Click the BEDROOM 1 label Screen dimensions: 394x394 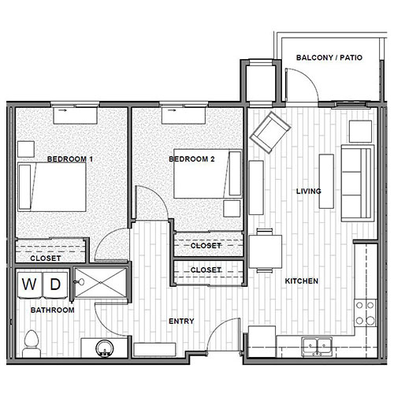point(70,159)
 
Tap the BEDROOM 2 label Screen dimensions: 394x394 point(191,159)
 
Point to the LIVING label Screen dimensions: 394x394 point(307,191)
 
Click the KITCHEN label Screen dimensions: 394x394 point(301,281)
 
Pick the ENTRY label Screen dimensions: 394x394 point(181,322)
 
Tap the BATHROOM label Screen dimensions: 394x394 point(52,310)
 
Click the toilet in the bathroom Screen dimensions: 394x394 point(32,341)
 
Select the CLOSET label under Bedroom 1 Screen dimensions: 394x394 point(46,258)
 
